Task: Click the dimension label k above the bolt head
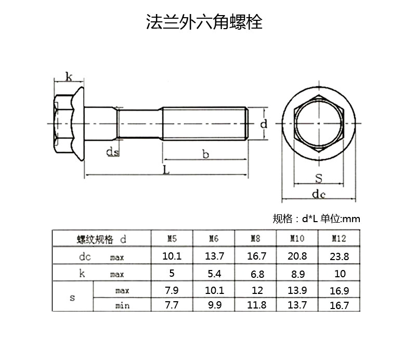[x=68, y=76]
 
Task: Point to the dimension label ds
[x=113, y=151]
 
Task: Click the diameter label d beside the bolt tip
[x=264, y=124]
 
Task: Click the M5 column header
[x=172, y=239]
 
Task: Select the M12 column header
[x=339, y=239]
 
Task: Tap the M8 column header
[x=255, y=239]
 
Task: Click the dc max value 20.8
[x=297, y=256]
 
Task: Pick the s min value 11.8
[x=255, y=305]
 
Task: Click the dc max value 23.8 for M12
[x=339, y=256]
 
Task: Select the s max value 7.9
[x=172, y=290]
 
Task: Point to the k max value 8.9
[x=297, y=273]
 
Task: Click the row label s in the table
[x=72, y=298]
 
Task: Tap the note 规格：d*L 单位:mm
[x=316, y=218]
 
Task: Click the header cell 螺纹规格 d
[x=101, y=239]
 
